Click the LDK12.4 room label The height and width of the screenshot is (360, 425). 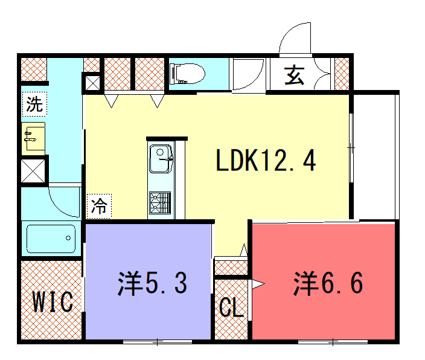(266, 160)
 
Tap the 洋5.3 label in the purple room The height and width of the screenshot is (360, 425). (152, 283)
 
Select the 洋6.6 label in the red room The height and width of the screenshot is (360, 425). (328, 283)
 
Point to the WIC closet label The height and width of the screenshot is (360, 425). (53, 301)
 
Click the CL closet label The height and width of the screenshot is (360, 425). (231, 307)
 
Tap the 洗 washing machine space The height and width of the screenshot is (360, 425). (34, 104)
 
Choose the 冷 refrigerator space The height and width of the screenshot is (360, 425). (99, 206)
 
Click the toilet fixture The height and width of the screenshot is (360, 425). (187, 74)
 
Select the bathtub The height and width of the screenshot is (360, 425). (51, 239)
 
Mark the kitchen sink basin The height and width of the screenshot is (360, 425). (161, 159)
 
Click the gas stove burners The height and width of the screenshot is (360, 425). (160, 202)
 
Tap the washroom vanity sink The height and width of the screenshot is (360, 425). (33, 138)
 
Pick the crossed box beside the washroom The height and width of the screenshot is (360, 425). (33, 171)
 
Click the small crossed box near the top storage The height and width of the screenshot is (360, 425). (92, 83)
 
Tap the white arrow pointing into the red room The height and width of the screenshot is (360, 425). (258, 284)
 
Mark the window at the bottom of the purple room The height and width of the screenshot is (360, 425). (158, 341)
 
